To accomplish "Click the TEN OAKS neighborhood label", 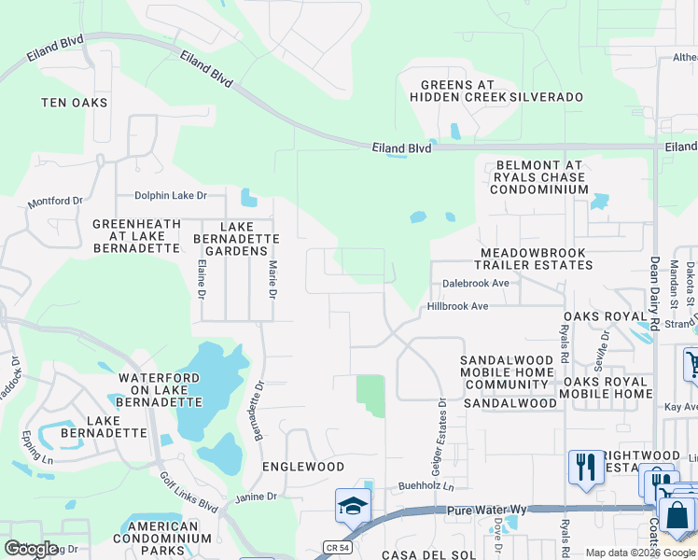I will point(75,103).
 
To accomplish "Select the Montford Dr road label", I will point(56,201).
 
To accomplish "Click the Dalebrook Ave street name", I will point(476,283).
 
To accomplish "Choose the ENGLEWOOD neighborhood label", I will point(303,467).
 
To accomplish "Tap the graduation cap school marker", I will point(354,507).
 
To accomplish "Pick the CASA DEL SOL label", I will point(422,554).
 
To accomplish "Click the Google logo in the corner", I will point(31,549).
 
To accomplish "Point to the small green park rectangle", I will point(370,396).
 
